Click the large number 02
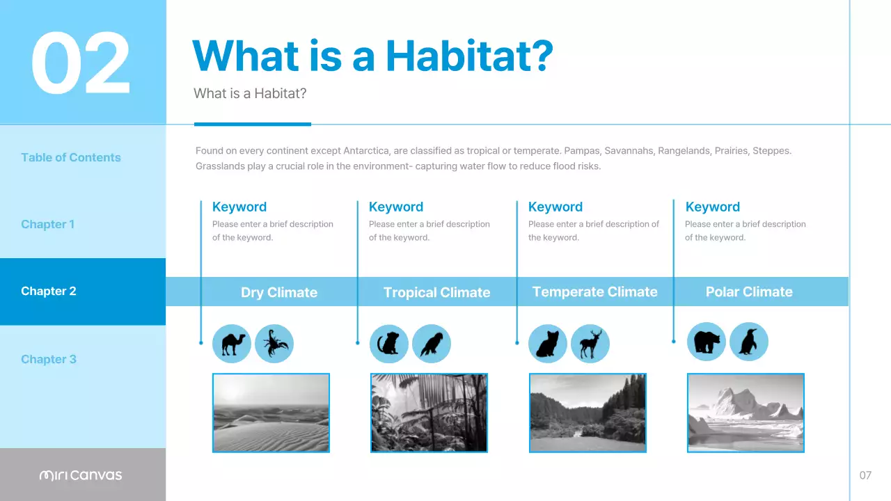(81, 64)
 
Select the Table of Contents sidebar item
(71, 157)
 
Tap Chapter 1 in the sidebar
(47, 224)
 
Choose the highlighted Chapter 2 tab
(49, 291)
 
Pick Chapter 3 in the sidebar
(49, 359)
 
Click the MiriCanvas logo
(81, 475)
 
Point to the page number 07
(865, 475)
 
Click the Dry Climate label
(278, 292)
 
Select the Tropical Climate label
(436, 292)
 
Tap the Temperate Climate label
(594, 292)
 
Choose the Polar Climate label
(749, 292)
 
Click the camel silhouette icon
(232, 344)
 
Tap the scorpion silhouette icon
(274, 344)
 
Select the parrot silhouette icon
(432, 344)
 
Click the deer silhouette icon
(590, 344)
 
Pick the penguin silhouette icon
(748, 342)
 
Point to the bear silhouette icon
(707, 342)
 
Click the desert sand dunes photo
(271, 413)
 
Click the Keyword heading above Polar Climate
(712, 207)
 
